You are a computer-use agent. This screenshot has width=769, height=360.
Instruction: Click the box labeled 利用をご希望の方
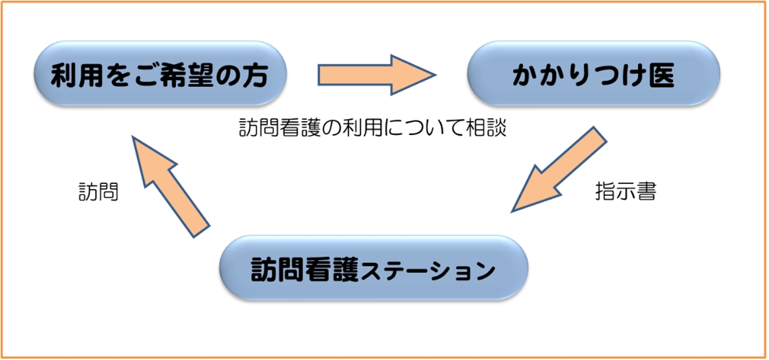pos(160,73)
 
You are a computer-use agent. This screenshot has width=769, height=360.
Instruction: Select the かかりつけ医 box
pos(594,73)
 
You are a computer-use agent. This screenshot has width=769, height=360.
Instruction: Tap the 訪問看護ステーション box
pos(374,268)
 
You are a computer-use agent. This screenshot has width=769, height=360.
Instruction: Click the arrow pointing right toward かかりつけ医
pos(377,75)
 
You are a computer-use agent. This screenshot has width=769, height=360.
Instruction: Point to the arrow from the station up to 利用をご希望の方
pos(171,187)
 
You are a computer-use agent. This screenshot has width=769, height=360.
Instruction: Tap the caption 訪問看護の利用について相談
pos(372,129)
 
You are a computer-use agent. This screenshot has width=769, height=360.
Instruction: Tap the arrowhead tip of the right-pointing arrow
pos(436,75)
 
